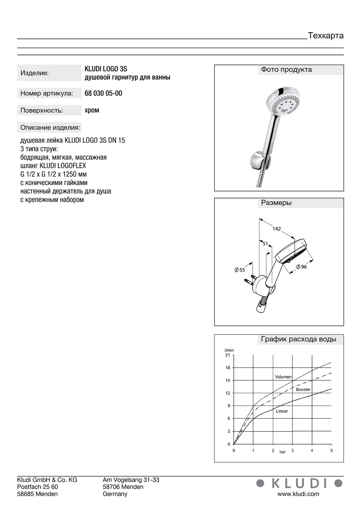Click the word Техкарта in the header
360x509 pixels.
pyautogui.click(x=325, y=36)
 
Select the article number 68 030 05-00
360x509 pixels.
pyautogui.click(x=103, y=93)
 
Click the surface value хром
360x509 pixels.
pyautogui.click(x=92, y=110)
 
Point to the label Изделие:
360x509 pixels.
pyautogui.click(x=35, y=73)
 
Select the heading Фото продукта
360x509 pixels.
pyautogui.click(x=286, y=70)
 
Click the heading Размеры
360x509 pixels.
pyautogui.click(x=276, y=203)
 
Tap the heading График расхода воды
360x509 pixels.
pyautogui.click(x=298, y=340)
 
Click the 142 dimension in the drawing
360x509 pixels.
pyautogui.click(x=277, y=229)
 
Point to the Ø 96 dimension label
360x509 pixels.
pyautogui.click(x=302, y=267)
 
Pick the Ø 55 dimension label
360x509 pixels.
pyautogui.click(x=239, y=270)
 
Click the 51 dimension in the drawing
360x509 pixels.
pyautogui.click(x=265, y=243)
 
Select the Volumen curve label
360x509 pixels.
pyautogui.click(x=283, y=377)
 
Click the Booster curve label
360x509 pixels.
pyautogui.click(x=303, y=390)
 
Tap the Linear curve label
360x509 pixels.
pyautogui.click(x=282, y=411)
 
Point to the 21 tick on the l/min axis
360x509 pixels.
pyautogui.click(x=228, y=355)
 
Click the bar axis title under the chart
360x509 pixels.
pyautogui.click(x=282, y=452)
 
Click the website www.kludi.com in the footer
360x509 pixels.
pyautogui.click(x=298, y=494)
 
